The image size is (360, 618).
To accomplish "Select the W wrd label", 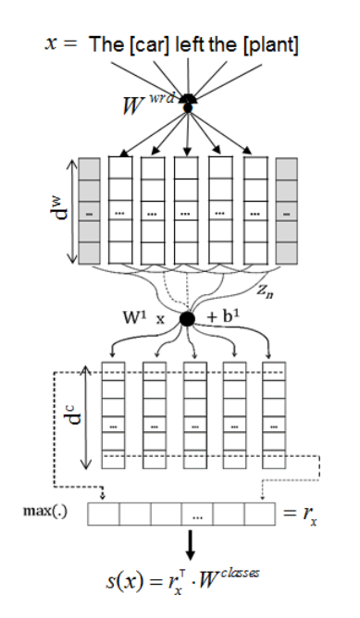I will pyautogui.click(x=153, y=112).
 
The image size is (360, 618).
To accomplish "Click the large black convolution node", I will pyautogui.click(x=188, y=318).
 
